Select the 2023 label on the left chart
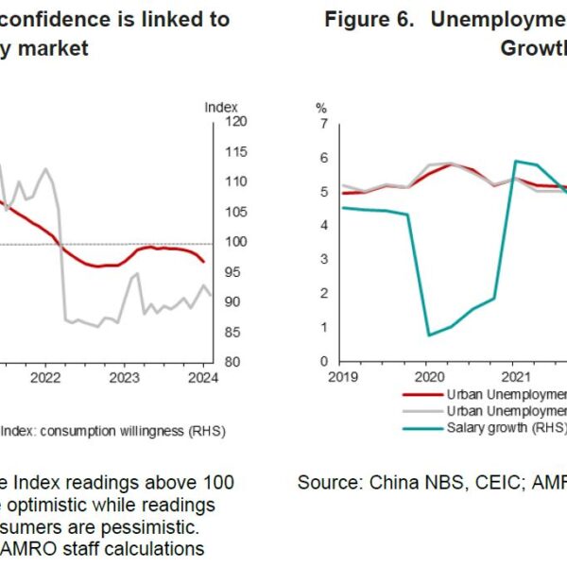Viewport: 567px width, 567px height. [125, 378]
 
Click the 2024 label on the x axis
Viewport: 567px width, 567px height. [203, 378]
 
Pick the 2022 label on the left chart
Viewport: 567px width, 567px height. [45, 378]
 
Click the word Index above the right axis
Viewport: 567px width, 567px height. [221, 107]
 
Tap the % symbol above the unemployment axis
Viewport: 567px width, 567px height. [321, 108]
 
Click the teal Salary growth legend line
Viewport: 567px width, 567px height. [421, 427]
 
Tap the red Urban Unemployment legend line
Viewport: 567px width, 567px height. [421, 394]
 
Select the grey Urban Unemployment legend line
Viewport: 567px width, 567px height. [421, 410]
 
